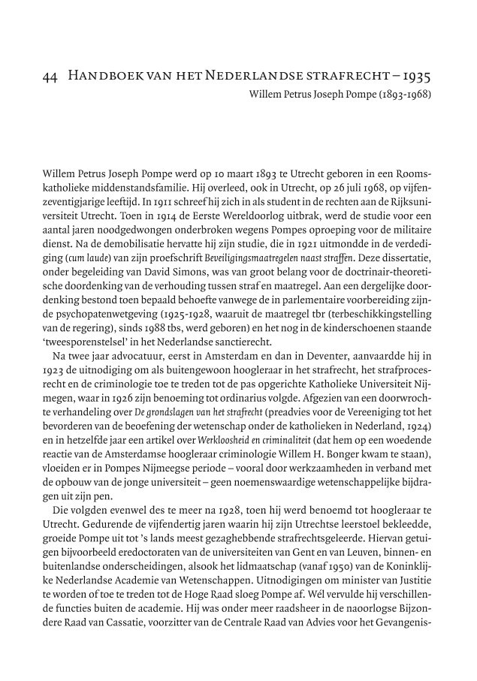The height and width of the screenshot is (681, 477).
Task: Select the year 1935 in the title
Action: tap(415, 77)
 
